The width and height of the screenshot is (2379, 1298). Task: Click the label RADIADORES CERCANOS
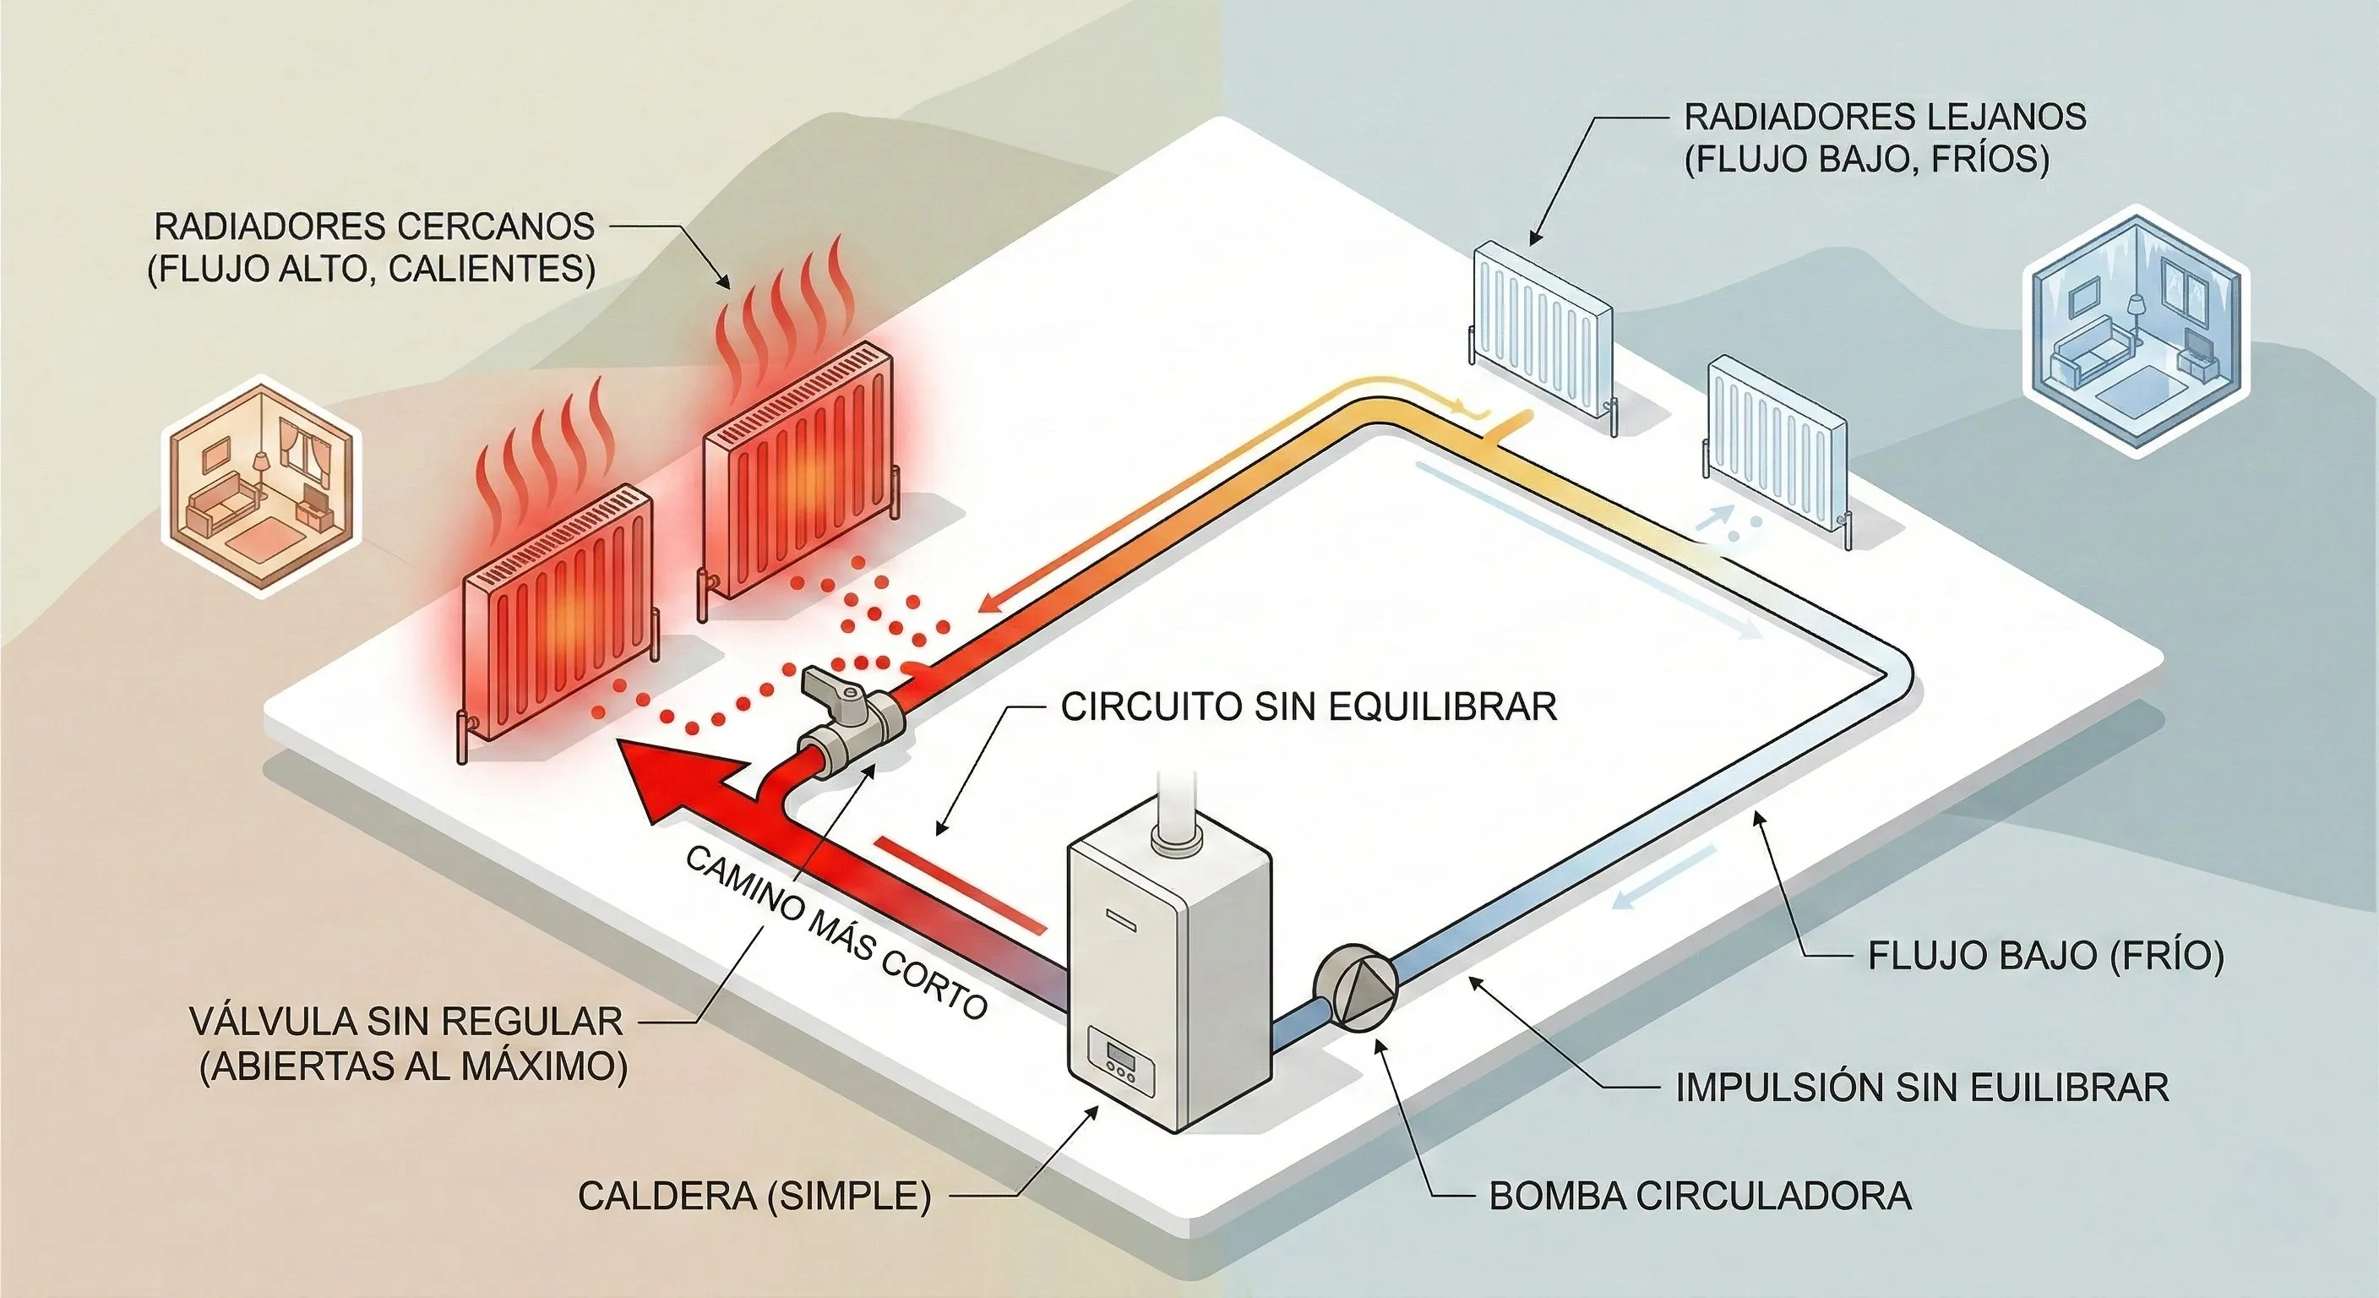point(373,227)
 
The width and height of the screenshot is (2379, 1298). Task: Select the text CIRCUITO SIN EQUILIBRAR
point(1309,706)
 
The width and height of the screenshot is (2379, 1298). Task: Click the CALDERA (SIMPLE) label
point(754,1196)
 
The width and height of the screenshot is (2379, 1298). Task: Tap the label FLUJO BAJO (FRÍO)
point(2045,955)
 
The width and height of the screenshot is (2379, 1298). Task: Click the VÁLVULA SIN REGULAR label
point(406,1022)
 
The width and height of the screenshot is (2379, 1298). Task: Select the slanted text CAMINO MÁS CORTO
point(836,933)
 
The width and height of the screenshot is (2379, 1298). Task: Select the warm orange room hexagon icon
point(262,487)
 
